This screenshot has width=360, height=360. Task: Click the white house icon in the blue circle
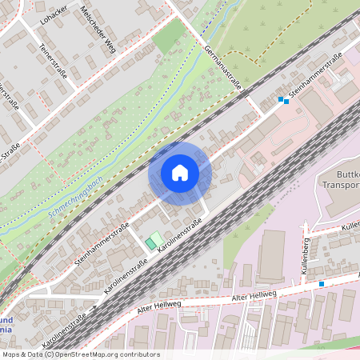tap(179, 173)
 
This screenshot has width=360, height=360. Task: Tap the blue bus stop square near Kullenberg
tap(322, 283)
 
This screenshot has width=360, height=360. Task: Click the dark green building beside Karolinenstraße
tap(150, 241)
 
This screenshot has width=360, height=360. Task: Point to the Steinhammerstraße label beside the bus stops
tap(316, 78)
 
